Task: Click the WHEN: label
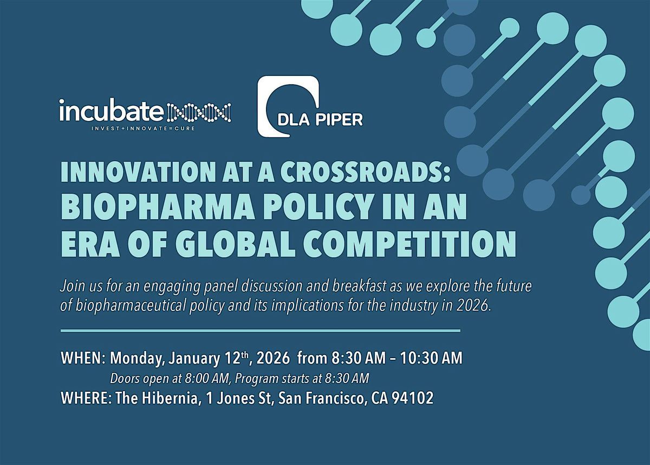(x=83, y=359)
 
